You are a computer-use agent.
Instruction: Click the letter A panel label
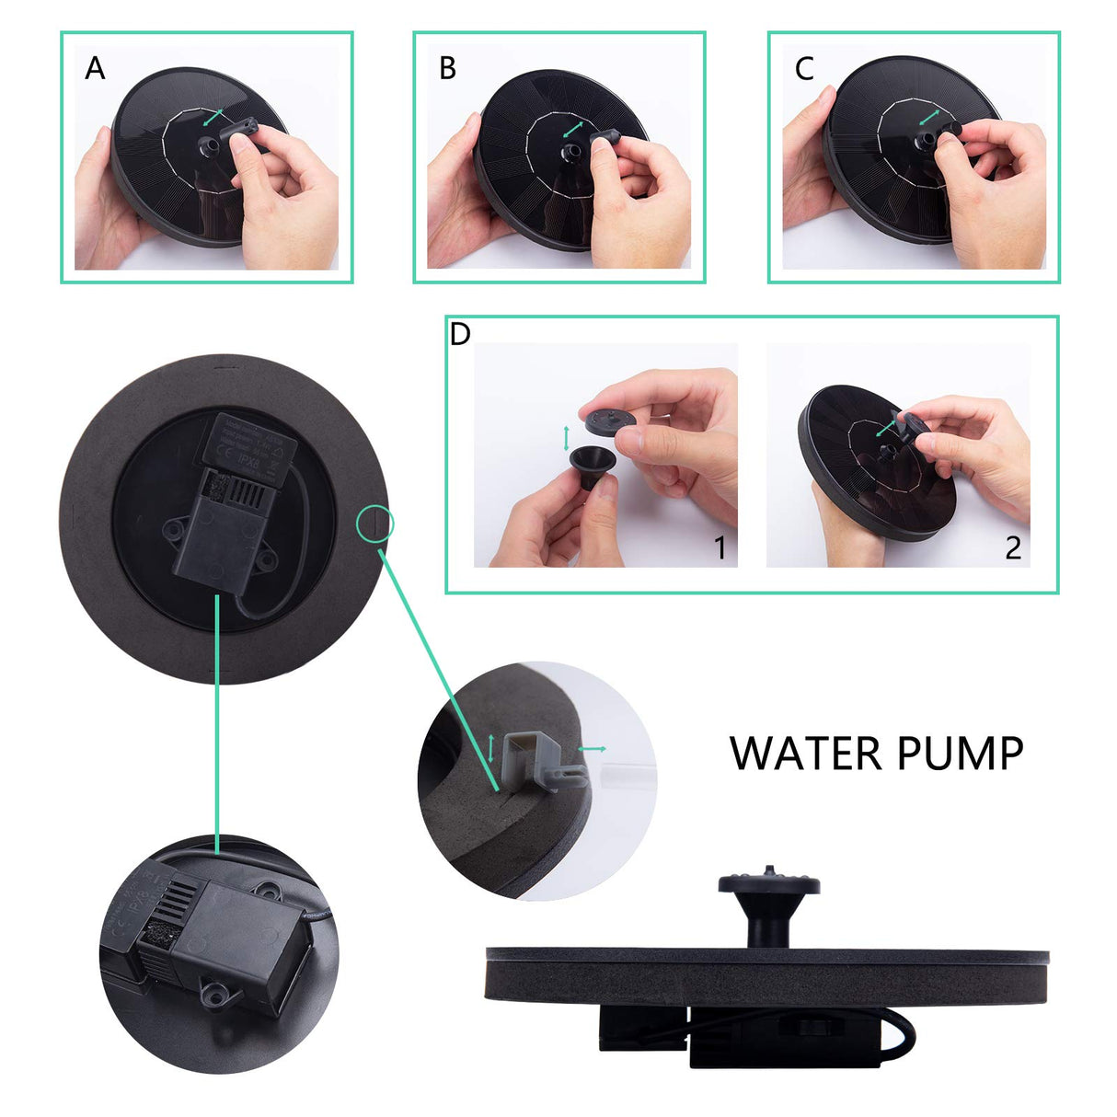pos(95,69)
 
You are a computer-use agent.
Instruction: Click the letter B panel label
pos(448,69)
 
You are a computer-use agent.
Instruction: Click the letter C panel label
pos(804,69)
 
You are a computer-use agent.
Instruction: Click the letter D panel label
pos(460,334)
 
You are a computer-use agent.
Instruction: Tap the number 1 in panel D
pos(721,548)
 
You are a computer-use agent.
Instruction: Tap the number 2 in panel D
pos(1013,548)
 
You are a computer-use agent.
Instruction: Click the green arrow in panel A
pos(213,118)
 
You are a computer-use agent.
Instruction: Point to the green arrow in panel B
pos(573,127)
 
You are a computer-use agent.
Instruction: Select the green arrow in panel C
pos(927,118)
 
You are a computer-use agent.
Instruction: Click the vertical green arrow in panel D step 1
pos(566,437)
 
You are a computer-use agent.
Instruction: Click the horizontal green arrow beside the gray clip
pos(593,749)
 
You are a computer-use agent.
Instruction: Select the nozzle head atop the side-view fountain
pos(768,884)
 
